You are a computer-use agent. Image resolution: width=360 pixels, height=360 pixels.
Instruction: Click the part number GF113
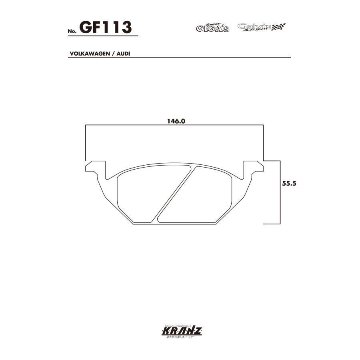106,27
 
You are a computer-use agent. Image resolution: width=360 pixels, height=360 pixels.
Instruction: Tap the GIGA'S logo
212,28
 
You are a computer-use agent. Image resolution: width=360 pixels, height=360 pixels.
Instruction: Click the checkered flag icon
279,27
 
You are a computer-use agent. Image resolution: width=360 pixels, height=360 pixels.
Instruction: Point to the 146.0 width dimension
175,120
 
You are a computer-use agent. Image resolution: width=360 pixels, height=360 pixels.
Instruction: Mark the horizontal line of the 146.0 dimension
175,126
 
